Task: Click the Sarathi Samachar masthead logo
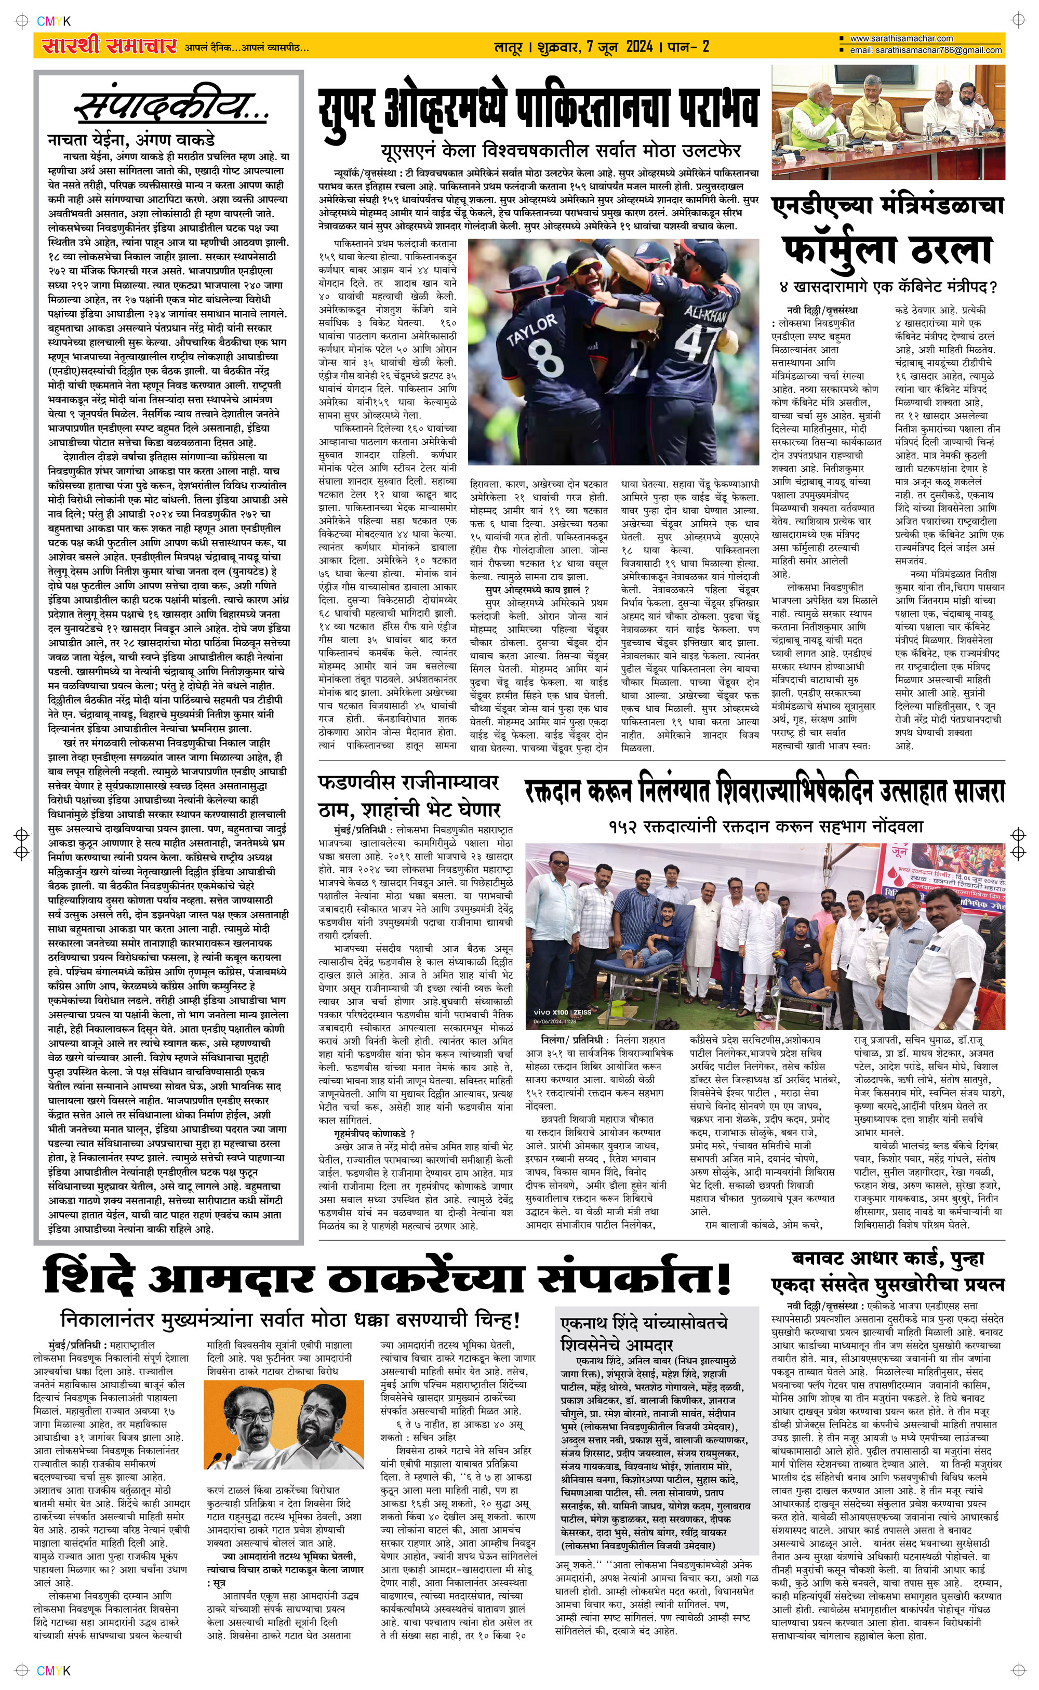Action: coord(108,46)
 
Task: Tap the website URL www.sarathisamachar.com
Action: coord(901,38)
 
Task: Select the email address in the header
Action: coord(925,50)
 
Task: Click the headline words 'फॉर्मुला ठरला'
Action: coord(887,251)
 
